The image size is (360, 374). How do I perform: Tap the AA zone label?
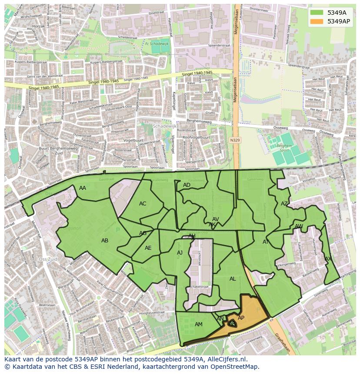pos(83,188)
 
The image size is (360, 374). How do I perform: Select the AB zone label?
pos(105,241)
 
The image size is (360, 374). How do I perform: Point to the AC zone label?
pos(143,204)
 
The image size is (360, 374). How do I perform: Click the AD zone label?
pos(187,185)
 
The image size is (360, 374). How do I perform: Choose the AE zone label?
pos(148,248)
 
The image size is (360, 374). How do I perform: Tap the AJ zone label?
pos(180,253)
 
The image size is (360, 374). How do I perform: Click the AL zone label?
pos(233,279)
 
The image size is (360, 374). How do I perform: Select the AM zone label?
pos(199,324)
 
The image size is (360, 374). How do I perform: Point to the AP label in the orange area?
pos(241,318)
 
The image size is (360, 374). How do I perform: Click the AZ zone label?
pos(284,204)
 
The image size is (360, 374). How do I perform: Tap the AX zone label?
pos(328,259)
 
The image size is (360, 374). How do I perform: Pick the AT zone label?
pos(266,242)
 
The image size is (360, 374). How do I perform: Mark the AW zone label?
pos(299,226)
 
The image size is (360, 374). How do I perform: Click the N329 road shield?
pos(235,140)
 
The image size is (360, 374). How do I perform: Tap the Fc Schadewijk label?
pos(156,44)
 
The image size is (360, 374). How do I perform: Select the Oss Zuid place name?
pos(48,259)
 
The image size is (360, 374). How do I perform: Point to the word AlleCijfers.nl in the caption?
pos(226,360)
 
